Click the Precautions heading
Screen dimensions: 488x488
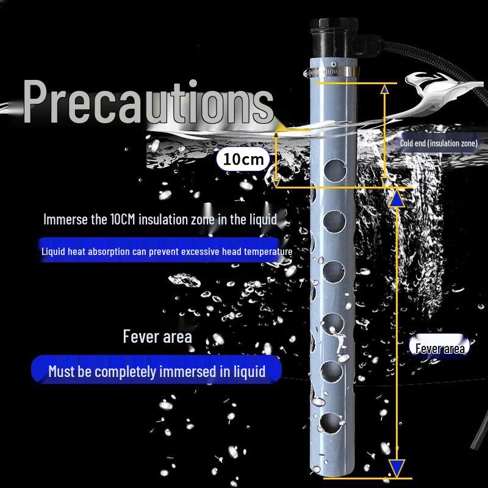tap(148, 102)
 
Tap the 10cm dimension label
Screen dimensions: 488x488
tap(243, 159)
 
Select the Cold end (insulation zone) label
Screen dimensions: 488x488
tap(439, 143)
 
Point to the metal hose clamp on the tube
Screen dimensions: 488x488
tap(331, 71)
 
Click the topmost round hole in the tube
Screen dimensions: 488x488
tap(335, 170)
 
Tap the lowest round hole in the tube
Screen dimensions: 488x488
tap(331, 423)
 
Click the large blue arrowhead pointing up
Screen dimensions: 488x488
tap(396, 199)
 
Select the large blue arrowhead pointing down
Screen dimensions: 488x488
tap(396, 468)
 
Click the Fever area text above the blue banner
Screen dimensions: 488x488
tap(157, 337)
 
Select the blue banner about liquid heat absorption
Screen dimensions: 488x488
tap(161, 250)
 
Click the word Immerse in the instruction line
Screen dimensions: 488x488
tap(66, 219)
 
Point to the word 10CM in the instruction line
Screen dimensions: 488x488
tap(123, 219)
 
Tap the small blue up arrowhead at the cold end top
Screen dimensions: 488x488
tap(385, 89)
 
